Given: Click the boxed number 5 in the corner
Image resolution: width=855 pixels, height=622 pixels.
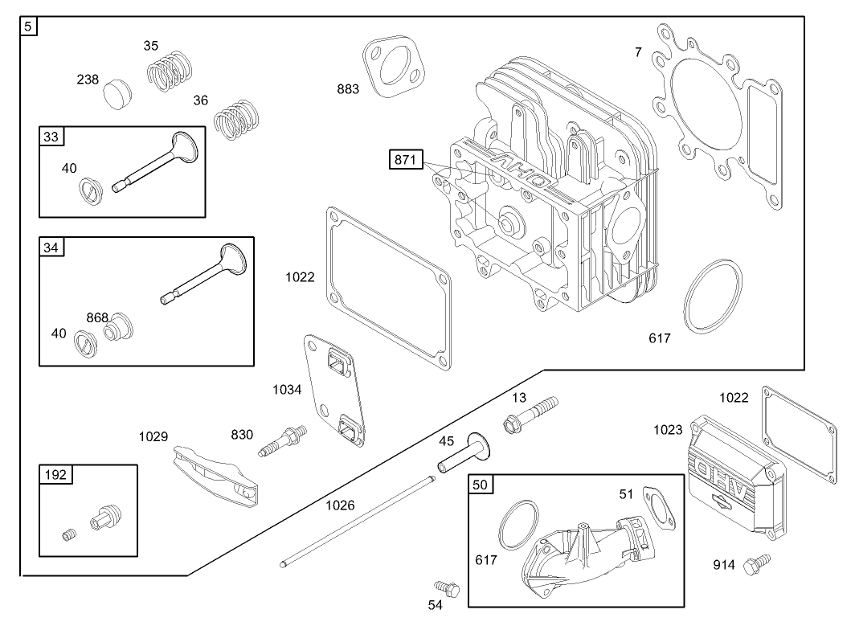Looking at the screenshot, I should (x=28, y=27).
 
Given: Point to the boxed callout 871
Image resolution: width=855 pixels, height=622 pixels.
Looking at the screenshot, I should (x=404, y=160).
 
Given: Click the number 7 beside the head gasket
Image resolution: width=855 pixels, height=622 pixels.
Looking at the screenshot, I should (x=638, y=52).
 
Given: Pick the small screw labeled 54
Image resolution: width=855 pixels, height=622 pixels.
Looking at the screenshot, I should (x=444, y=589).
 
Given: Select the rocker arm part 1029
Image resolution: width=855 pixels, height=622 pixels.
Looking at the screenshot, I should (x=215, y=476).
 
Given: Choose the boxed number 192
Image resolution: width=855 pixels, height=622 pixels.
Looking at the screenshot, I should (x=55, y=474).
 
